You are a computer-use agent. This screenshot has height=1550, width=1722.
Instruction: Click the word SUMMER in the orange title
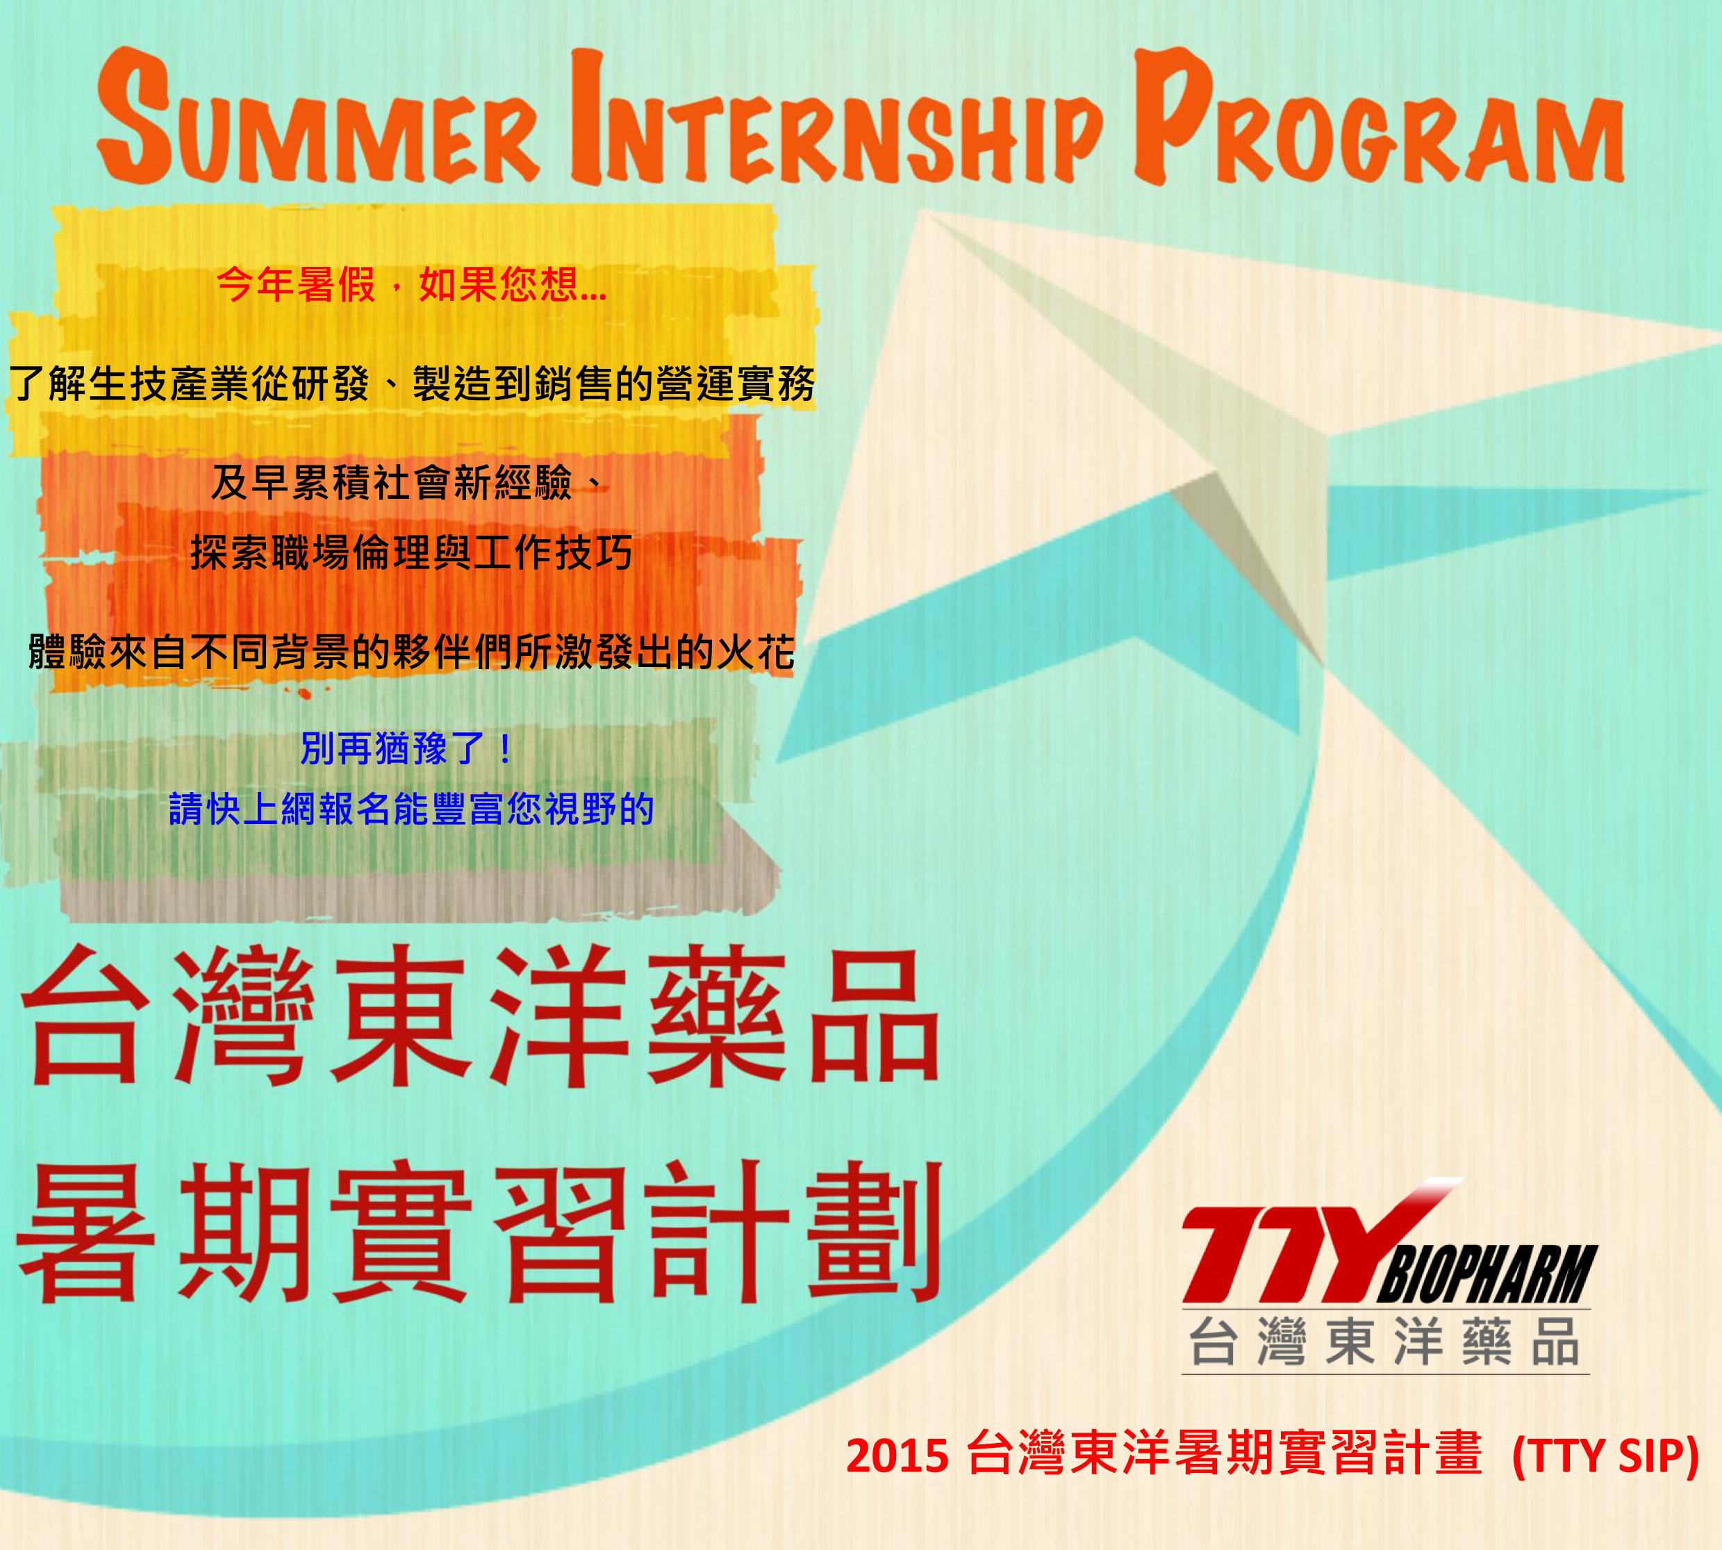pos(317,117)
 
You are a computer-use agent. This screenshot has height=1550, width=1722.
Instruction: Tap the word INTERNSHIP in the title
pos(836,117)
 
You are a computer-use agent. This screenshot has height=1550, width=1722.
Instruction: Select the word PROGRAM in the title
pos(1379,117)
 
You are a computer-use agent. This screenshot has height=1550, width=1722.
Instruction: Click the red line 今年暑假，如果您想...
pos(411,283)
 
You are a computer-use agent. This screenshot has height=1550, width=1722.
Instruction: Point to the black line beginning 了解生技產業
pos(412,384)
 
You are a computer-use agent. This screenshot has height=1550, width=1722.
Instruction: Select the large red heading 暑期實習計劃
pos(479,1232)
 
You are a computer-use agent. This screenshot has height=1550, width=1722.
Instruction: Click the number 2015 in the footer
pos(897,1456)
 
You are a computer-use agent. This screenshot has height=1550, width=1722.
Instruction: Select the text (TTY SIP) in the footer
pos(1606,1456)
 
